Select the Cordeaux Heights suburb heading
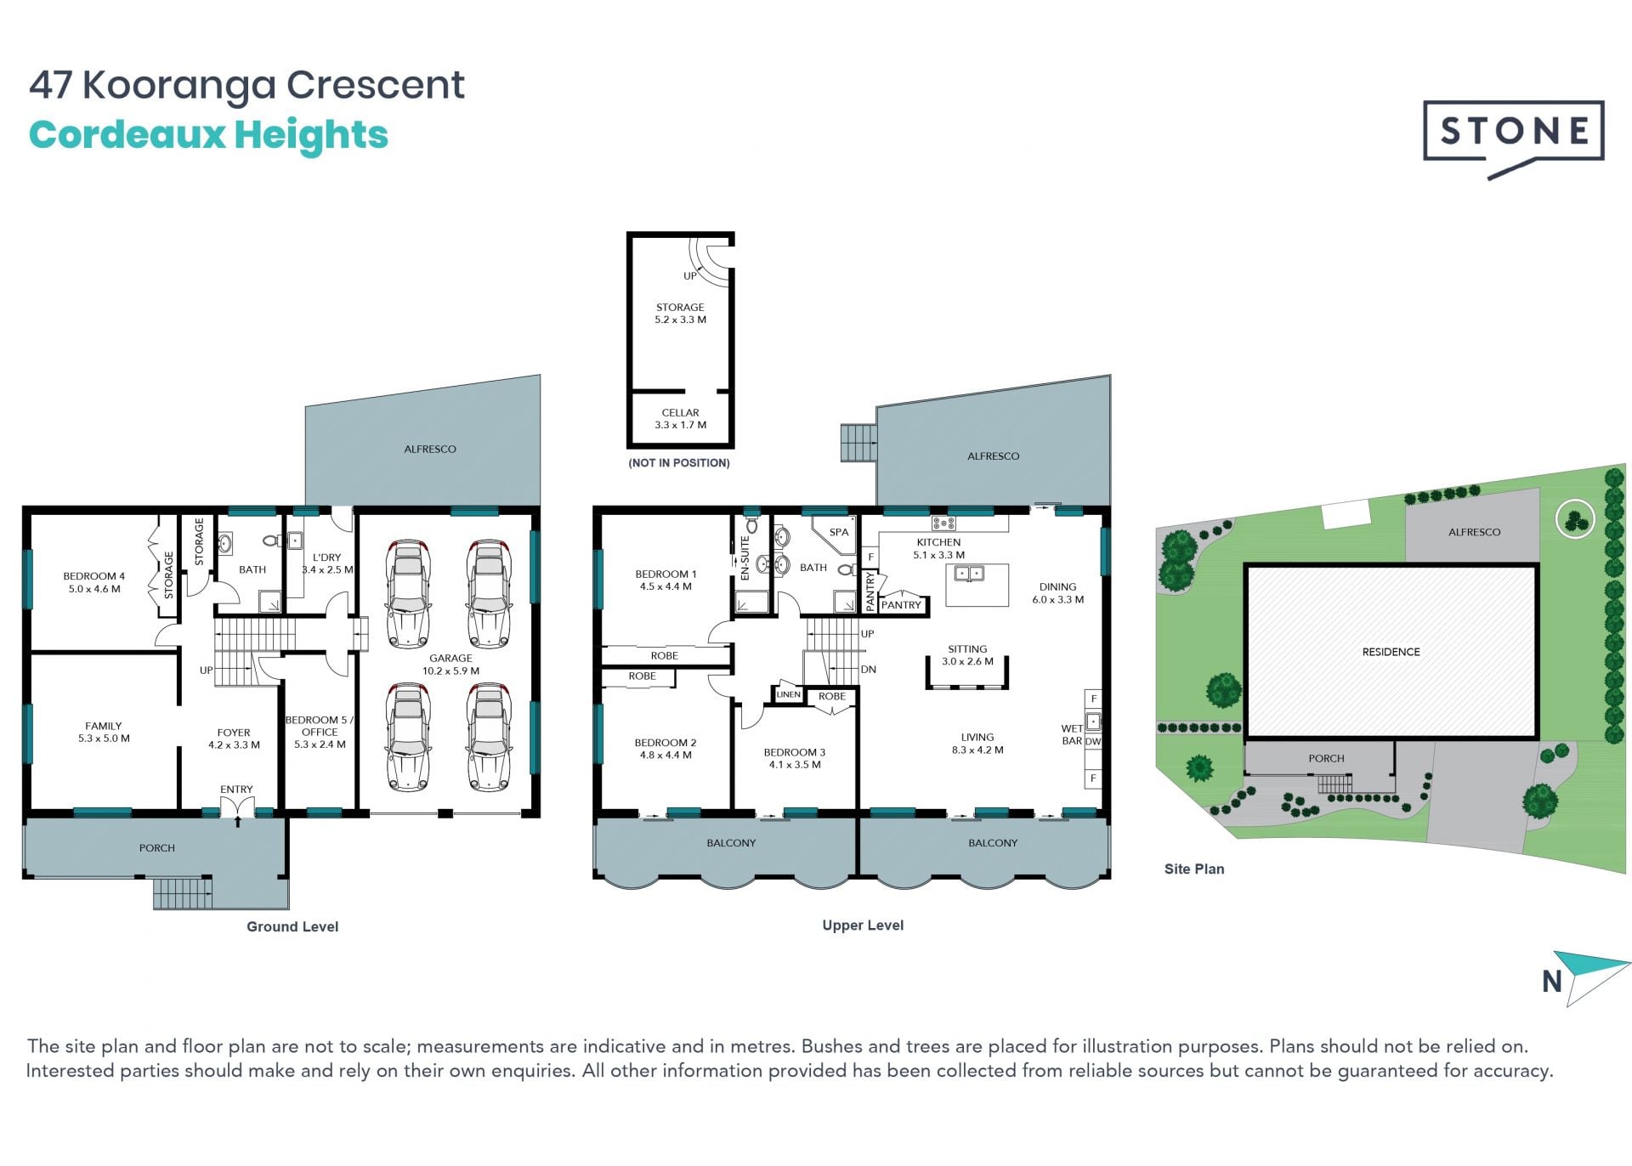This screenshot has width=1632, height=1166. pyautogui.click(x=208, y=135)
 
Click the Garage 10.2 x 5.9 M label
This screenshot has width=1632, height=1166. pyautogui.click(x=450, y=665)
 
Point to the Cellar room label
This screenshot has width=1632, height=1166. pyautogui.click(x=680, y=419)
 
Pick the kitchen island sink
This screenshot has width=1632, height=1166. pyautogui.click(x=969, y=574)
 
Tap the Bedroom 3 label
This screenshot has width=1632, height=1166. pyautogui.click(x=795, y=758)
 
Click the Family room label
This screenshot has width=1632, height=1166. pyautogui.click(x=104, y=732)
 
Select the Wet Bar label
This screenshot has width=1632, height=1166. pyautogui.click(x=1072, y=734)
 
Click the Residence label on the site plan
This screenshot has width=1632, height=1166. pyautogui.click(x=1391, y=652)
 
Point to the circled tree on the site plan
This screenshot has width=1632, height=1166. pyautogui.click(x=1575, y=518)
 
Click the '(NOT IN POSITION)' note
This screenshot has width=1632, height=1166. pyautogui.click(x=679, y=463)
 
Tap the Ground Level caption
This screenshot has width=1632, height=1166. pyautogui.click(x=292, y=926)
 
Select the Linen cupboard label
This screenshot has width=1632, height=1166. pyautogui.click(x=788, y=694)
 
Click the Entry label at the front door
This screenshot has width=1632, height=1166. pyautogui.click(x=236, y=790)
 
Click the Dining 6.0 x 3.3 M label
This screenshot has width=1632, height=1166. pyautogui.click(x=1057, y=593)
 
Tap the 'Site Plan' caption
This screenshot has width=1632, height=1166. pyautogui.click(x=1194, y=869)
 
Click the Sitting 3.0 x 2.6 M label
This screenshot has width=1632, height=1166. pyautogui.click(x=967, y=655)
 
